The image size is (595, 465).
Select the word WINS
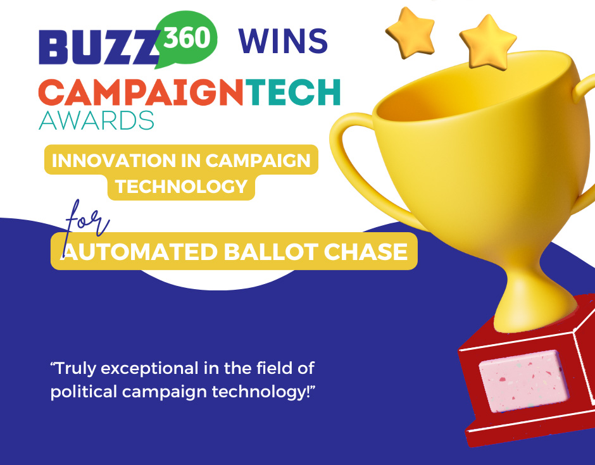point(283,42)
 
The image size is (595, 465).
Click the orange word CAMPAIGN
point(141,93)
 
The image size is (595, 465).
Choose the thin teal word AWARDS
point(96,120)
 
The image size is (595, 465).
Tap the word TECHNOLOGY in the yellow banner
point(181,186)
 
